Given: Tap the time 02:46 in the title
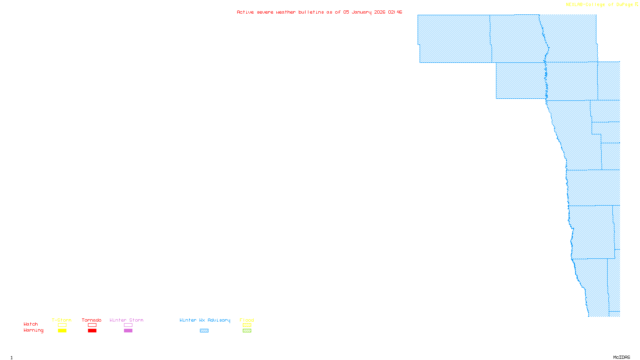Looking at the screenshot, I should pos(395,12).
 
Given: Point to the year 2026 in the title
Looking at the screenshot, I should pos(380,12).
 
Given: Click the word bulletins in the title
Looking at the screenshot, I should pos(311,12).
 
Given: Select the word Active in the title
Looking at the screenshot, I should pos(245,12).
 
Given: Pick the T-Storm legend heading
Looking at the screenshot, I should pos(62,320).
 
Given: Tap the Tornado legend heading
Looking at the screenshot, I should pos(92,320).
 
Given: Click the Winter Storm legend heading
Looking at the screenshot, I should pos(126,320).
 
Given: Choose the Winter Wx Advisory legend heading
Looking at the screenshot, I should pos(205,320).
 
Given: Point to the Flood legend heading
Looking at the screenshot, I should pos(247,320).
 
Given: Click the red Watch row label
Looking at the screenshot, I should pos(31,324).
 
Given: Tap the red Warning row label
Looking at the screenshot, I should pos(33,330).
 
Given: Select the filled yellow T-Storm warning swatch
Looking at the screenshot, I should pos(62,331).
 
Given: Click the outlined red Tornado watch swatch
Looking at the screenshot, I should pos(92,325).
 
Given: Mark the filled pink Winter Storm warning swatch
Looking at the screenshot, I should pos(128,331).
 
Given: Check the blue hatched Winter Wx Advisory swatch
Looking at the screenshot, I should pos(204,331).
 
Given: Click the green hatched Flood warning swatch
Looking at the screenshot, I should pos(247,331).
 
